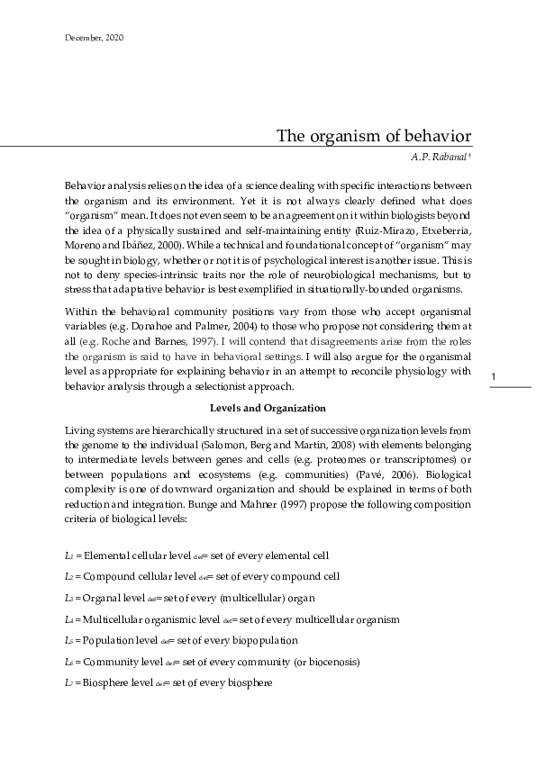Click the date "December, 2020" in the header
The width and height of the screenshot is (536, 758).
(x=95, y=38)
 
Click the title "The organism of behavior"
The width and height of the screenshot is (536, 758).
(x=373, y=136)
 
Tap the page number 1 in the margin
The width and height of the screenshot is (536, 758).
(x=495, y=400)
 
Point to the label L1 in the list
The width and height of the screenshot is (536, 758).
(x=70, y=557)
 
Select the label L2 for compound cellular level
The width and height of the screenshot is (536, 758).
(x=70, y=576)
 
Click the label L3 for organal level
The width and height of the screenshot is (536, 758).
(x=70, y=598)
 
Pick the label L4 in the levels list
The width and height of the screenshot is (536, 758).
(x=70, y=619)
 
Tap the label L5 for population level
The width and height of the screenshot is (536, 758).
(x=70, y=641)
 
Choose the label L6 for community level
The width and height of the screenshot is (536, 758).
(x=70, y=662)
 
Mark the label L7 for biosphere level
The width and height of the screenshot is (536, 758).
(x=70, y=683)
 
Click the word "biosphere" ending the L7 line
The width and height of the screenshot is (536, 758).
(x=248, y=683)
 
